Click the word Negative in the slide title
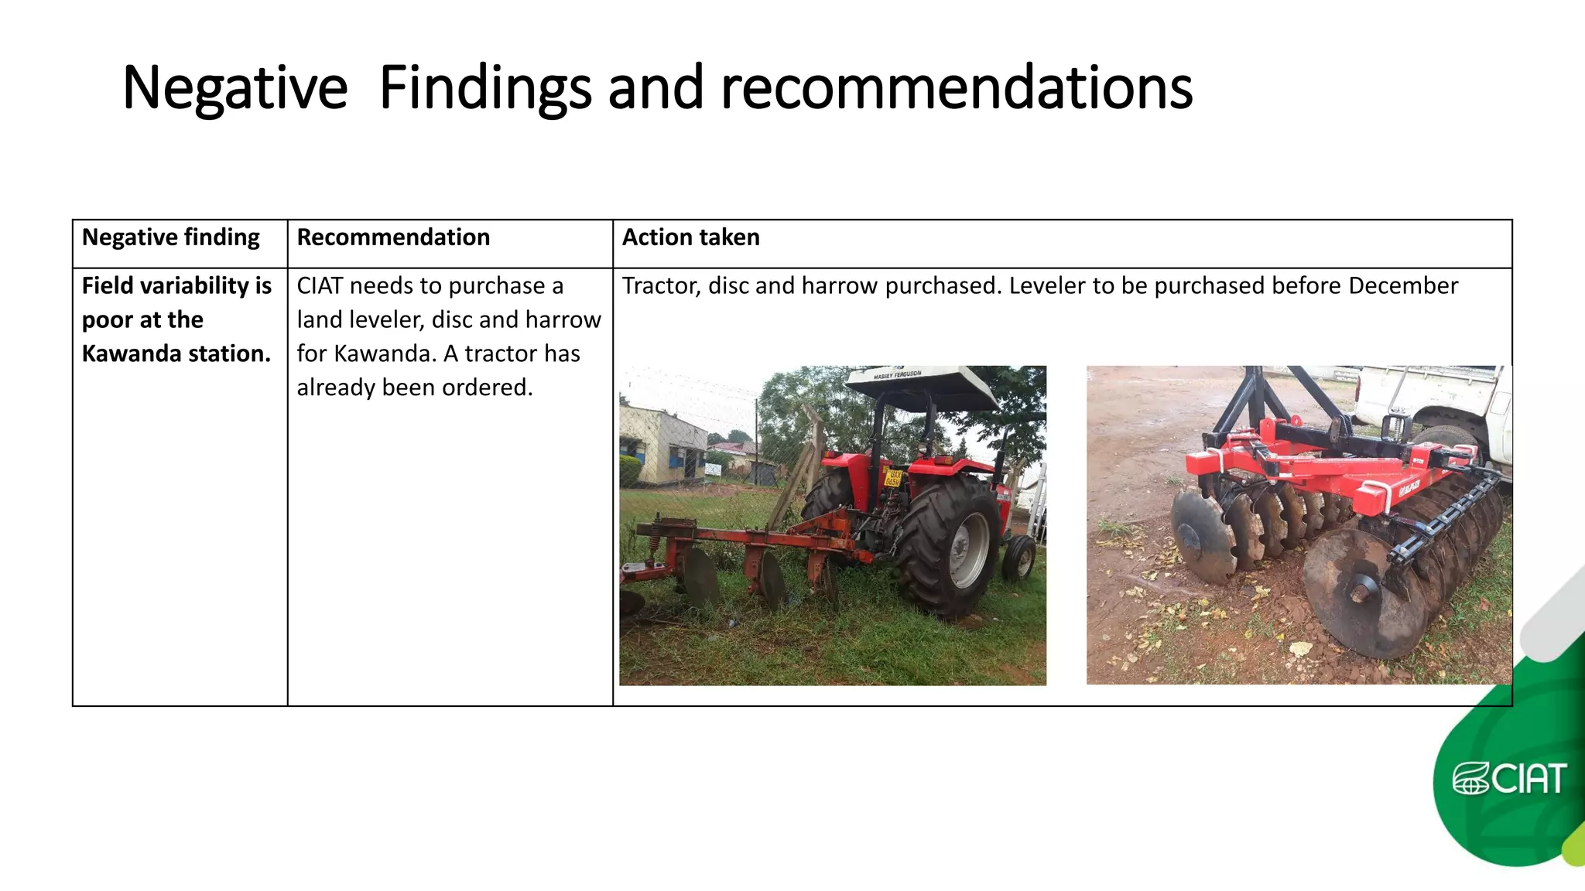click(x=234, y=88)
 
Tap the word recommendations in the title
click(x=957, y=88)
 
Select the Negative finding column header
click(x=170, y=237)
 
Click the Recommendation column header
click(x=393, y=237)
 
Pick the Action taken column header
click(x=690, y=237)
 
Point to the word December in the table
click(x=1402, y=286)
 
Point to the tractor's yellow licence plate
click(x=893, y=478)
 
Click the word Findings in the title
click(x=485, y=88)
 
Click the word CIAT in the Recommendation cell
click(x=320, y=286)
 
